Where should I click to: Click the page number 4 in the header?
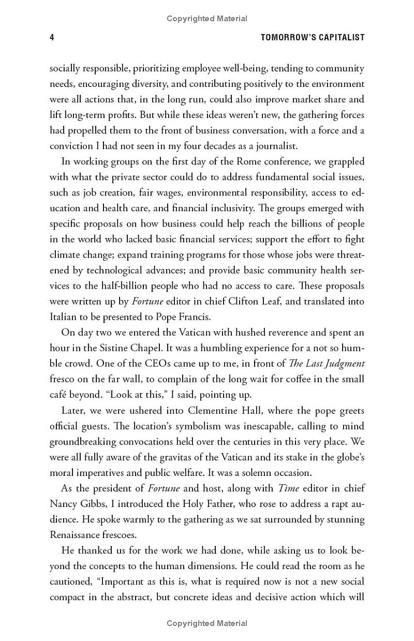click(x=52, y=37)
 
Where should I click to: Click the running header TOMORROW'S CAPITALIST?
click(x=313, y=37)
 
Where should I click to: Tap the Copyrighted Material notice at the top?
click(x=207, y=19)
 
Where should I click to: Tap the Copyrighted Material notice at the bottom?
click(x=207, y=623)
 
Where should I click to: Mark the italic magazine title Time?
click(x=289, y=488)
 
